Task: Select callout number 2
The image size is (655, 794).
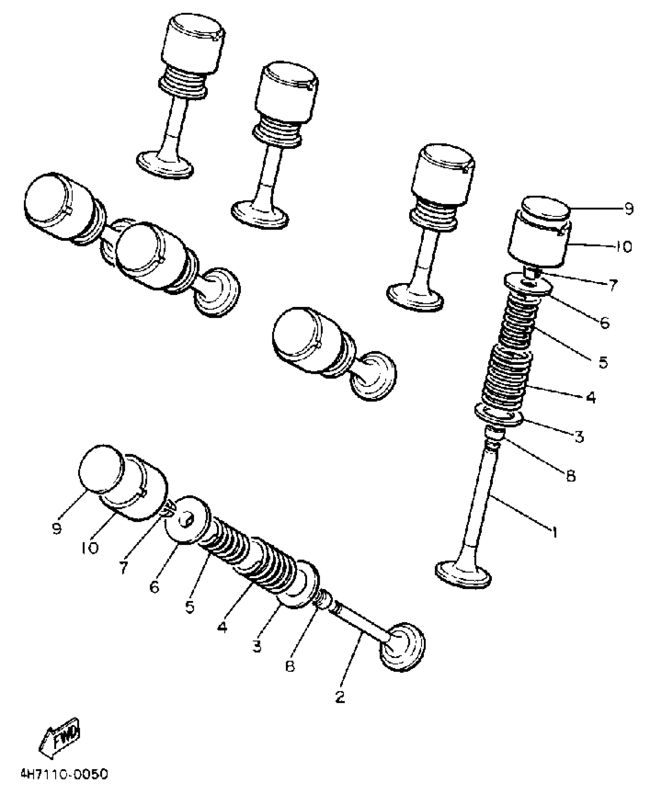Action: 340,697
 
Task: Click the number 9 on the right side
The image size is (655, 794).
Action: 628,209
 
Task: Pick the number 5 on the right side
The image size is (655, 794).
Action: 603,362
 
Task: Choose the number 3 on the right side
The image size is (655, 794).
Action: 579,437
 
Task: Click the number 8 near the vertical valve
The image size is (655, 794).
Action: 571,476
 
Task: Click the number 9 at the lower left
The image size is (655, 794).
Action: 57,529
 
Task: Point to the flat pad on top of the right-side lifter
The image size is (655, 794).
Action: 546,211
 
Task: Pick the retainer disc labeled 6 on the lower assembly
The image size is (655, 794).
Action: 187,520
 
